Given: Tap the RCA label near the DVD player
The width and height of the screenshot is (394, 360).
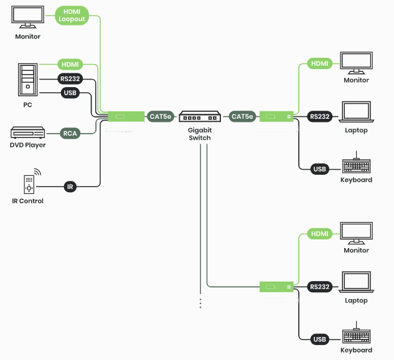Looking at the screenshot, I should pos(70,132).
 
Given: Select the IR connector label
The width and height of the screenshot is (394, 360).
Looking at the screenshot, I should pos(70,186).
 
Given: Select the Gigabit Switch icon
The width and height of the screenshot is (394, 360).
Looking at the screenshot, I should pos(200,116).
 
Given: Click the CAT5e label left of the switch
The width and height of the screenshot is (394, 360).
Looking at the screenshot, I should pos(160,116).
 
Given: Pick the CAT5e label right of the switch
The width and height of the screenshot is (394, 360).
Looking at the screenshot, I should pos(242,116).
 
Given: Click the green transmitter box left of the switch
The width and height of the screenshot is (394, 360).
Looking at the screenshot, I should pos(126,116).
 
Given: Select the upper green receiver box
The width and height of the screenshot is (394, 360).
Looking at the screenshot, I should pos(276,116).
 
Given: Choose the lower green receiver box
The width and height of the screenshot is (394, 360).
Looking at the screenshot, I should pos(276,287).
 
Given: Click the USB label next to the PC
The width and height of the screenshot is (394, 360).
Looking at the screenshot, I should pos(70,93).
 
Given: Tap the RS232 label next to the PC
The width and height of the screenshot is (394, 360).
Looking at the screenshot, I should pos(70,79).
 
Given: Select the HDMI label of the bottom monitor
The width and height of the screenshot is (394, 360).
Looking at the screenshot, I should pos(319,234).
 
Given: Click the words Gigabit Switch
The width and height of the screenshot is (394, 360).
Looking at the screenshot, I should pos(200,134).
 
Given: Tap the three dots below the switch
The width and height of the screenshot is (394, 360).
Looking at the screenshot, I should pos(200,303).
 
